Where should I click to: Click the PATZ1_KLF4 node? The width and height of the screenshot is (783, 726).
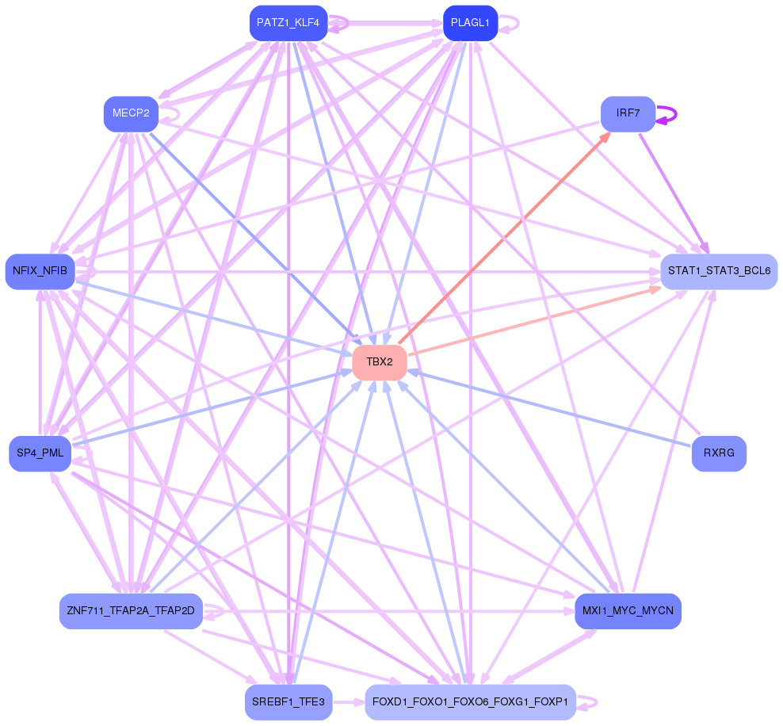288,23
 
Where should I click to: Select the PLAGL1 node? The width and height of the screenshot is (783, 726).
470,23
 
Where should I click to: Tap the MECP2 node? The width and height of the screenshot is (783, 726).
131,113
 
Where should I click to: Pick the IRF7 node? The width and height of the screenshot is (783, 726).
628,113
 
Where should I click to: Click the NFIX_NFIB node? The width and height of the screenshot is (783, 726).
40,272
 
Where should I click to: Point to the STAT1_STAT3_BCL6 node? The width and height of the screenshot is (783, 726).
719,271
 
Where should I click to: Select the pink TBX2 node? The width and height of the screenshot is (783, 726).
380,362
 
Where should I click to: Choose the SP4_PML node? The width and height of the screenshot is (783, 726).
40,453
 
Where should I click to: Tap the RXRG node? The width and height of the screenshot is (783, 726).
719,453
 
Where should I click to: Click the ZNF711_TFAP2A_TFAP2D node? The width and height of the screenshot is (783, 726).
131,611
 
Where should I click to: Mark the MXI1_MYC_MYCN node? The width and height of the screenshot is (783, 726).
628,611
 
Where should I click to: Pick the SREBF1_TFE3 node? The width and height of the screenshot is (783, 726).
288,702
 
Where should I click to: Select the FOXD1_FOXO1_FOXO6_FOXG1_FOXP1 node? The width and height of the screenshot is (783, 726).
470,702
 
